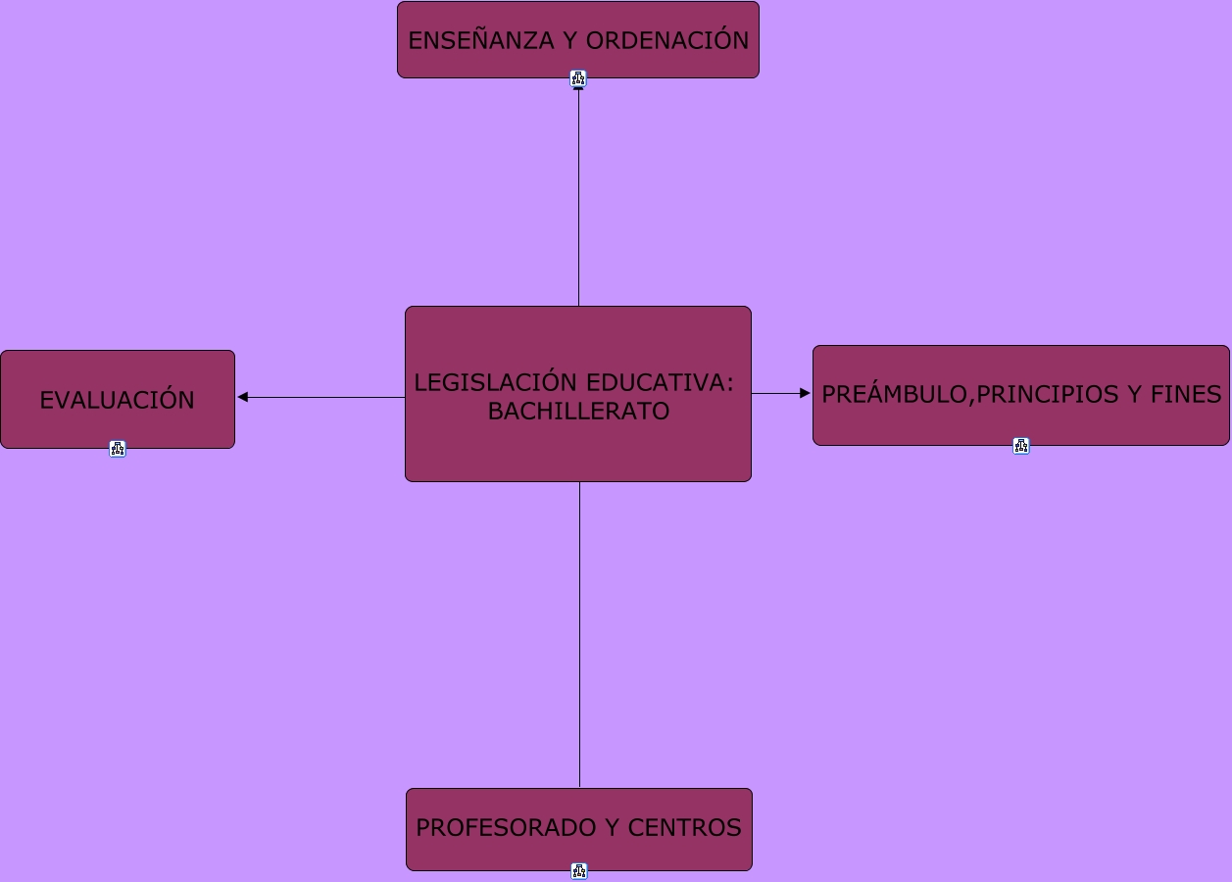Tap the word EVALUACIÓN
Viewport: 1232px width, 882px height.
(118, 400)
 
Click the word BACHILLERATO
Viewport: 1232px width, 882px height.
(578, 412)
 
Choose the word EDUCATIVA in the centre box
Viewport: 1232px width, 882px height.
(659, 382)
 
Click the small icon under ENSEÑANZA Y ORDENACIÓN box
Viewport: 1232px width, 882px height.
(578, 78)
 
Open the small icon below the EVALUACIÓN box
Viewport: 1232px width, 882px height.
(118, 449)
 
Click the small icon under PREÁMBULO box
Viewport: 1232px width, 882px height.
(1021, 446)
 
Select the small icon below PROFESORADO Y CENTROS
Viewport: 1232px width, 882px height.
(579, 871)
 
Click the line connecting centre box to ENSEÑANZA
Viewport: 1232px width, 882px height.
(578, 196)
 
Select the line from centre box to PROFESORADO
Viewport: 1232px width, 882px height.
(579, 637)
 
